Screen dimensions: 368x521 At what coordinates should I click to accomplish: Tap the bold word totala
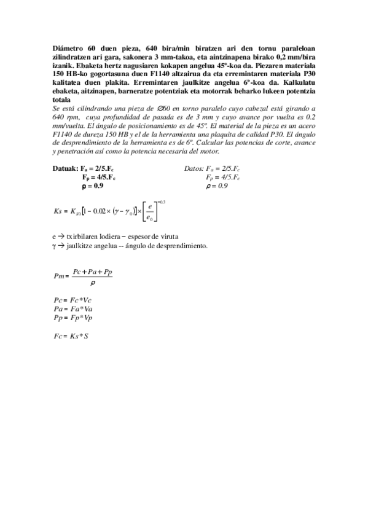pos(62,100)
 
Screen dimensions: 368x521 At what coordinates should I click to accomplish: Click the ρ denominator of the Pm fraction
pos(92,283)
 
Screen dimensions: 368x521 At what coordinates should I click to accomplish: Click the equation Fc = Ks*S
pos(71,336)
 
